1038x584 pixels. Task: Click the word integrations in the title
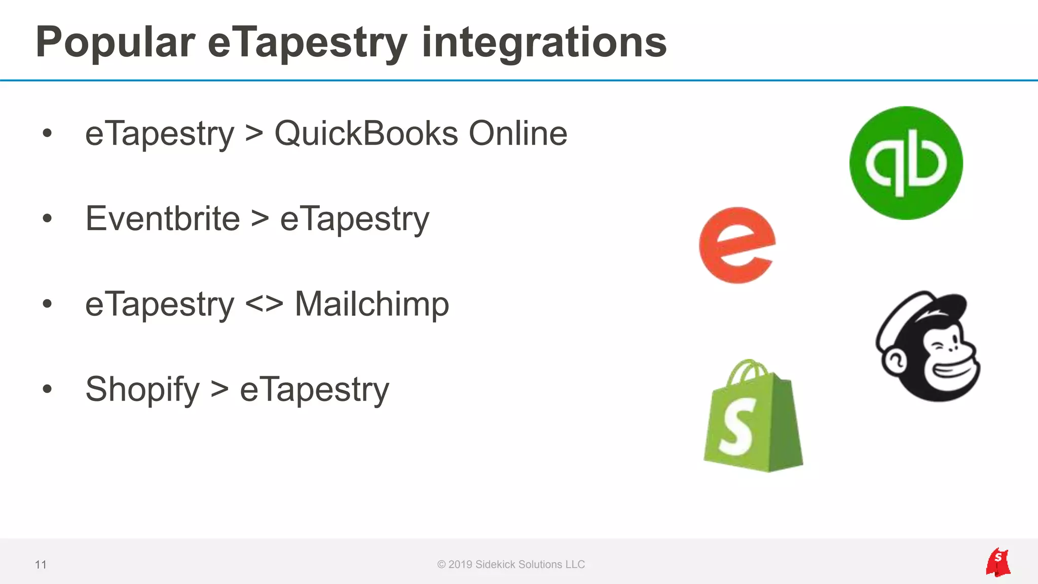tap(544, 43)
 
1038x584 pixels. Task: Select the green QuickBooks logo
tap(906, 163)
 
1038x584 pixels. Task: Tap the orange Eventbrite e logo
tap(737, 245)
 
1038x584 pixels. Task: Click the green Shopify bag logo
tap(753, 417)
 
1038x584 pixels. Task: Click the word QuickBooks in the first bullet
tap(366, 134)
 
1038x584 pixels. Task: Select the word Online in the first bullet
tap(517, 134)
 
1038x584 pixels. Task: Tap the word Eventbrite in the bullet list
tap(163, 219)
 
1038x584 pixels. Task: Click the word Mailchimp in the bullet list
tap(372, 304)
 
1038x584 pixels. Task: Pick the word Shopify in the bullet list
tap(142, 390)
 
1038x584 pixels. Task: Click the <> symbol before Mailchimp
tap(264, 304)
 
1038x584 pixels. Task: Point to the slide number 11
tap(41, 565)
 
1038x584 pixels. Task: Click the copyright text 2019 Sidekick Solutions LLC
tap(511, 565)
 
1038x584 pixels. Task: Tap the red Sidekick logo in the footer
tap(997, 562)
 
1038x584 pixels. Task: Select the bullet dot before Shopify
tap(48, 389)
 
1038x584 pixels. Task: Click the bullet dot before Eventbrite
tap(48, 218)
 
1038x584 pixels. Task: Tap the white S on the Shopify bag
tap(736, 426)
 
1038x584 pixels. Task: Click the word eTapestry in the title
tap(308, 43)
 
